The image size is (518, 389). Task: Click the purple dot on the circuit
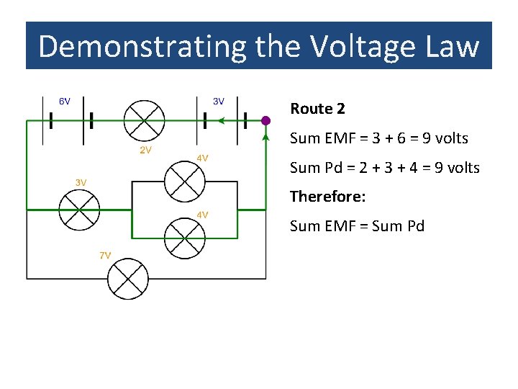pos(265,120)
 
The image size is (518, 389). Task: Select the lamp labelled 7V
pos(127,279)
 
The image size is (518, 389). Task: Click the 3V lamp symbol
pos(79,210)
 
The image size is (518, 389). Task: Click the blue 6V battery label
pos(64,102)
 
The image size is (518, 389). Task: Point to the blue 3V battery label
pos(219,102)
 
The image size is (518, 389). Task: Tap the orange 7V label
pos(105,255)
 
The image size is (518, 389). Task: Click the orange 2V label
pos(145,150)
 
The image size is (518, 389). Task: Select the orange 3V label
pos(81,182)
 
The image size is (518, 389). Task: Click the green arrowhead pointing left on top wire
pos(222,121)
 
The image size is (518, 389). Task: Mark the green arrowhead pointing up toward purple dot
pos(266,137)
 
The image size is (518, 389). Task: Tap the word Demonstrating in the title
pos(142,47)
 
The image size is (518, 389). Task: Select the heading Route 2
pos(317,109)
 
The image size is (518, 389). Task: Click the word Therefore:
pos(328,196)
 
